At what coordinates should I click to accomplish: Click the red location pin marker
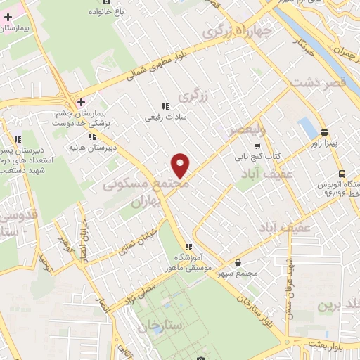[181, 165]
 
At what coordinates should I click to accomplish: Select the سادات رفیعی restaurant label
[164, 118]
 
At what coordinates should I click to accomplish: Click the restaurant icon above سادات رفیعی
[165, 106]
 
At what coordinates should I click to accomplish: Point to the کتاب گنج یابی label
[267, 155]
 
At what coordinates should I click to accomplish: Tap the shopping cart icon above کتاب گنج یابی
[266, 145]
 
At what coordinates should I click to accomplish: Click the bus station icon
[341, 174]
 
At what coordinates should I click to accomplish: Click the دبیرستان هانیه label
[92, 149]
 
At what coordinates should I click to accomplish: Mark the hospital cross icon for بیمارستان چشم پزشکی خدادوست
[82, 102]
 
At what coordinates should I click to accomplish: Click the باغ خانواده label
[105, 13]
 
